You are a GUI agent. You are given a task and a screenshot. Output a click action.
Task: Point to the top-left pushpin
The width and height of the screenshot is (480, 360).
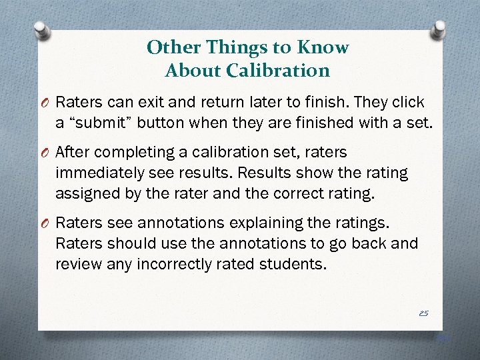41,29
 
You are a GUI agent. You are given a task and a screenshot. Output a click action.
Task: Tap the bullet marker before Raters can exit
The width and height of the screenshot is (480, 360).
43,103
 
